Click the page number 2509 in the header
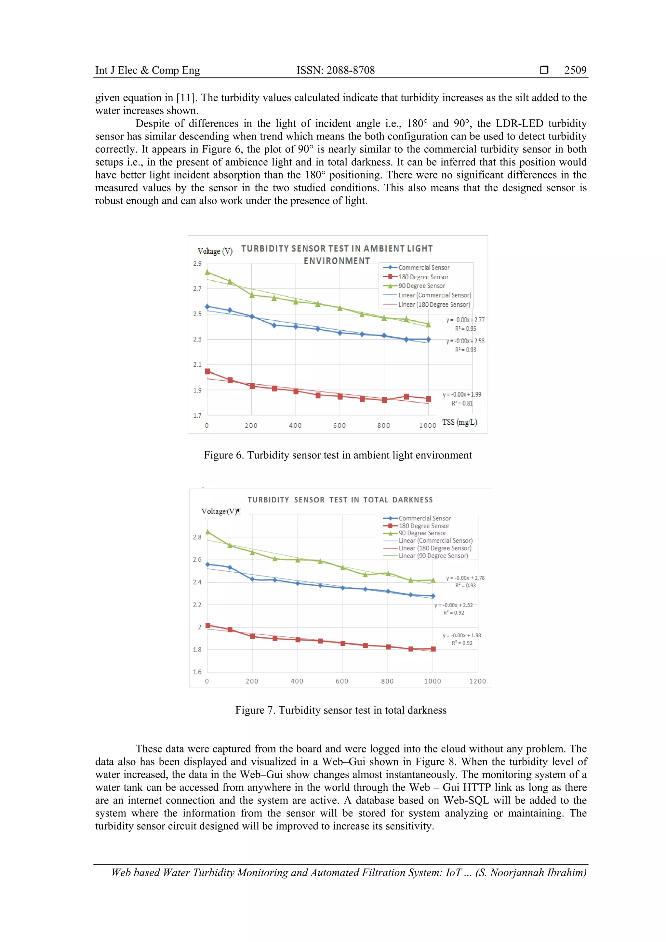coord(575,70)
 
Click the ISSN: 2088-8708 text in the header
coord(335,70)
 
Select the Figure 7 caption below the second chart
coord(340,710)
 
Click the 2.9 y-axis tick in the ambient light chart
coord(197,263)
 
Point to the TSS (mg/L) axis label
coord(460,422)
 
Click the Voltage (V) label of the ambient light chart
coord(215,251)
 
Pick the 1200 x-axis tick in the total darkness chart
coord(477,681)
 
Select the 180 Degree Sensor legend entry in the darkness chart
coord(424,526)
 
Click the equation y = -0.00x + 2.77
coord(465,320)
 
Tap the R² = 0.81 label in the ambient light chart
coord(462,403)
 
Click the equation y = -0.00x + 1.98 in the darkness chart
coord(462,635)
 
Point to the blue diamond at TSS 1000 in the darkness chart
coord(433,596)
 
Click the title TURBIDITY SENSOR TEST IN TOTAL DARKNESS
coord(340,500)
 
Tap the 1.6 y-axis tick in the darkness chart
coord(197,672)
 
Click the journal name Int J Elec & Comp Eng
coord(147,70)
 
